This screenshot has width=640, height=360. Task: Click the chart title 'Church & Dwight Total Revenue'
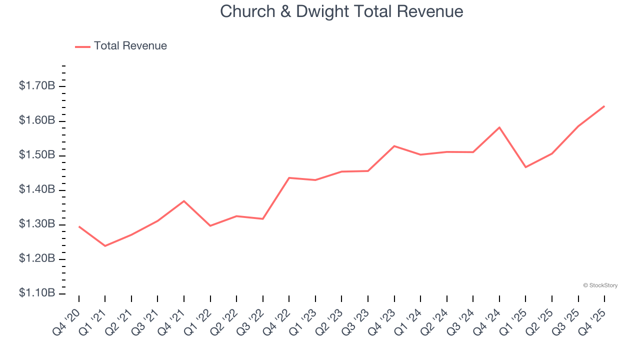341,11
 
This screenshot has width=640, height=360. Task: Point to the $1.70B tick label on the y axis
37,86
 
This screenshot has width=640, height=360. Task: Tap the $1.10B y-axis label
37,293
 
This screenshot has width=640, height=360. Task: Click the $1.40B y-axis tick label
37,190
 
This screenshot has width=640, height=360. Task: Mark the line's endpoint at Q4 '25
604,106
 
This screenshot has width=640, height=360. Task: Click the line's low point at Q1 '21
105,246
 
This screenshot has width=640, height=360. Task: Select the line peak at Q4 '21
184,201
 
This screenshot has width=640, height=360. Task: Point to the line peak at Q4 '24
499,127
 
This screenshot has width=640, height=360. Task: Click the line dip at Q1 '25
525,167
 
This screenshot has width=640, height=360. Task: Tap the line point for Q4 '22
289,178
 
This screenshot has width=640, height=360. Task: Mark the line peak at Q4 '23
394,146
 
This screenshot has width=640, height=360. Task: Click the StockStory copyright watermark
600,285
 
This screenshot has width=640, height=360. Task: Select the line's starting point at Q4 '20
79,226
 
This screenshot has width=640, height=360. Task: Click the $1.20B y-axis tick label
37,259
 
